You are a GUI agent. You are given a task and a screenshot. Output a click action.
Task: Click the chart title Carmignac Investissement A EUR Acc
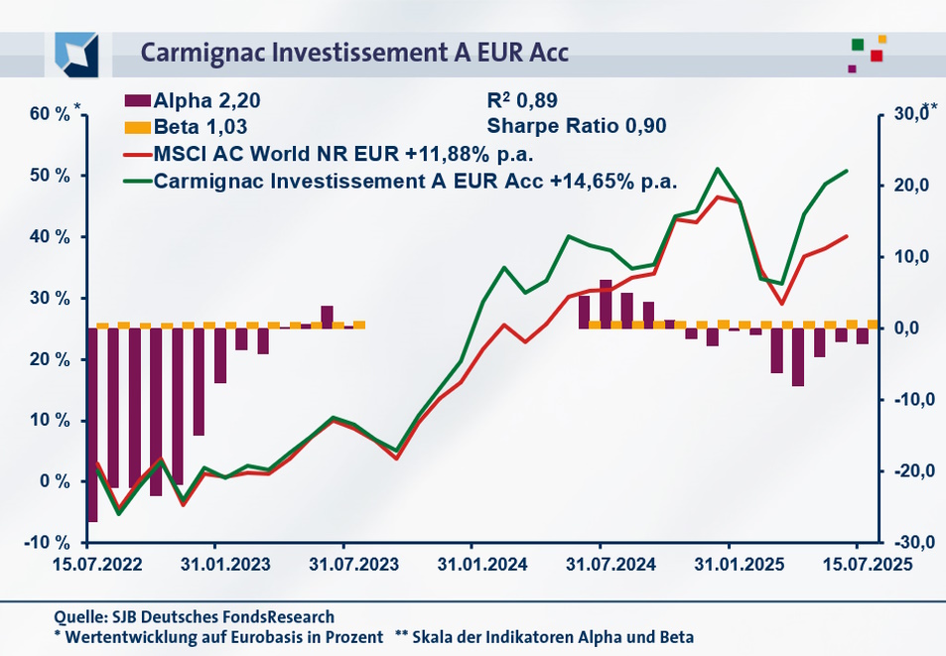point(354,52)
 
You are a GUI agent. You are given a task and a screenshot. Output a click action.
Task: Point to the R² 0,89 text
point(522,100)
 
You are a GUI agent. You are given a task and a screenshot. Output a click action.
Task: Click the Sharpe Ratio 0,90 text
point(576,127)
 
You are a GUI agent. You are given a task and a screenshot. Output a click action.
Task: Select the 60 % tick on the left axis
point(49,114)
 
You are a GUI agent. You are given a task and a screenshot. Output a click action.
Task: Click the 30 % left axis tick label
point(51,298)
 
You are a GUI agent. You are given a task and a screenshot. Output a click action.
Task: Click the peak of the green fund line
point(718,169)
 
